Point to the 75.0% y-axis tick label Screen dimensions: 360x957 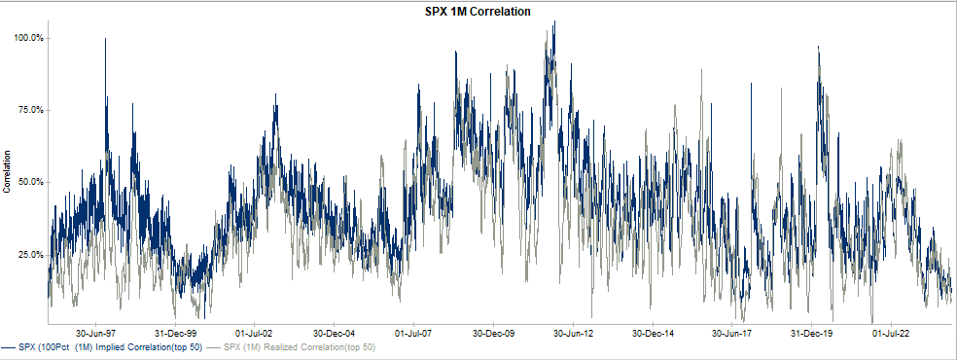29,110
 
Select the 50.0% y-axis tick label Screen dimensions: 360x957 29,182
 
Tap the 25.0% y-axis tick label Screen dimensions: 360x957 29,254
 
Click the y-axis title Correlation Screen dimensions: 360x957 7,171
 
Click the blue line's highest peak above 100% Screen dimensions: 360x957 553,23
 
